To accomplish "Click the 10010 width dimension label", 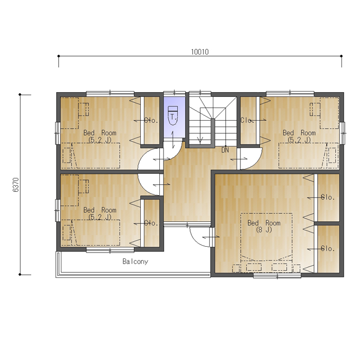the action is tap(200, 52).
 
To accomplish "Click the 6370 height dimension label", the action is tap(16, 185).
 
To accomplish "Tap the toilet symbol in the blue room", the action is tap(173, 115).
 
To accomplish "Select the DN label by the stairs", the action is tap(225, 150).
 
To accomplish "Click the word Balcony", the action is tap(135, 262).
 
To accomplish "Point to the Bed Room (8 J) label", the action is tap(264, 226).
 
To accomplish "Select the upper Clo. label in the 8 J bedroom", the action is tap(327, 197).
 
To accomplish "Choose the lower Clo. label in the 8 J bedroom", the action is tap(327, 249).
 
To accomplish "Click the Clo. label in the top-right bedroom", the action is tap(246, 120).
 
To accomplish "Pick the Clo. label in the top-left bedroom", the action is tap(151, 120).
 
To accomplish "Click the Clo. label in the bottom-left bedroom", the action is tap(151, 223).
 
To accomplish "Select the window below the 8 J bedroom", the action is tap(277, 275).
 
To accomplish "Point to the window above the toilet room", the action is tap(175, 93).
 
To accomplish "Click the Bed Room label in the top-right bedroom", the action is tap(299, 133).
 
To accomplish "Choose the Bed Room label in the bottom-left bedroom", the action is tap(100, 210).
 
